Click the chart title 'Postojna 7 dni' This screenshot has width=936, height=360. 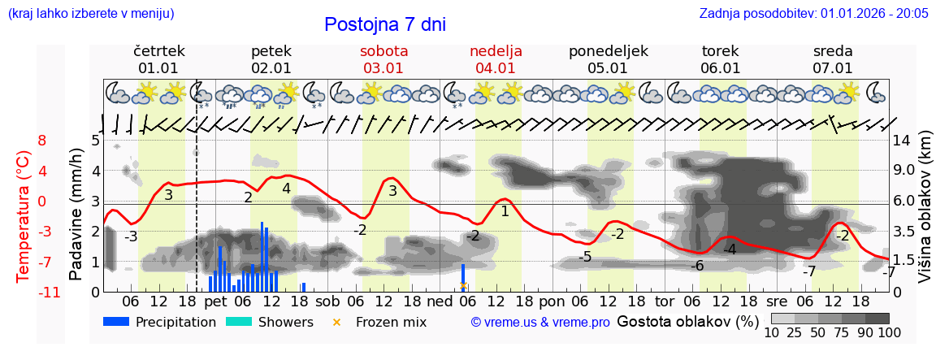click(384, 24)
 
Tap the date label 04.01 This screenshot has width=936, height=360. click(496, 68)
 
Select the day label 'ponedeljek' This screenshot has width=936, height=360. click(608, 51)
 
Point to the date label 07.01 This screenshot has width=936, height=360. click(833, 68)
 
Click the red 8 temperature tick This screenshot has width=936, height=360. click(42, 141)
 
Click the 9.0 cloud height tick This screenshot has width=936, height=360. click(904, 171)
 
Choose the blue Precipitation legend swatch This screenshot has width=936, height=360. click(116, 322)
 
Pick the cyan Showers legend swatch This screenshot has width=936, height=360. click(238, 322)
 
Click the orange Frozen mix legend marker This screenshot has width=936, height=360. click(337, 322)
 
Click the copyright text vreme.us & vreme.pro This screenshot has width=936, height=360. click(540, 323)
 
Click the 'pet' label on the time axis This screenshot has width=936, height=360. click(215, 302)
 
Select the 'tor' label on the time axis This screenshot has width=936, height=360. click(665, 302)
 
